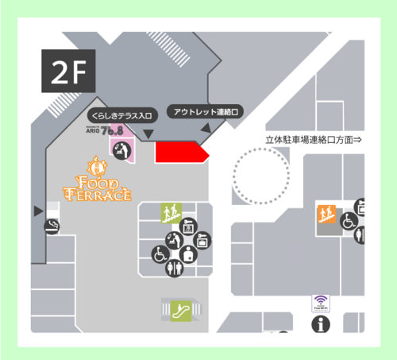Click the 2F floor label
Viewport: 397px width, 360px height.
(68, 72)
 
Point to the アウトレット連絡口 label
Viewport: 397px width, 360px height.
(204, 112)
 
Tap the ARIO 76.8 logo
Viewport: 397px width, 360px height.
(108, 130)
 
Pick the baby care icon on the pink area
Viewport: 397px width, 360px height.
(122, 151)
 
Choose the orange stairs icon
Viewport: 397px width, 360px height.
(326, 212)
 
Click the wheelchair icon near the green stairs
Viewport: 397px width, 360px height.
(159, 255)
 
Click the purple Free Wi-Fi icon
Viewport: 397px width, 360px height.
(321, 304)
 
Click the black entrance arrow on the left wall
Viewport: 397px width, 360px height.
(37, 211)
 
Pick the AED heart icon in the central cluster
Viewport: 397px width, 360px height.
(187, 255)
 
